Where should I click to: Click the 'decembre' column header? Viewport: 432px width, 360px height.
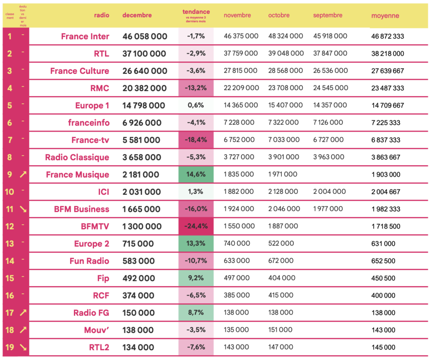[137, 15]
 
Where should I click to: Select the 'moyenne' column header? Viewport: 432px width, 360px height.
[385, 16]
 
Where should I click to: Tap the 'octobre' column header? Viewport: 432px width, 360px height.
[279, 15]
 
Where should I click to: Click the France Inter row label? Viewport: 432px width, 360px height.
[85, 37]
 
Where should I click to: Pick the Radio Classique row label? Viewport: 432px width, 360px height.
[77, 158]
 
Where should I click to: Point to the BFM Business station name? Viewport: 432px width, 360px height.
[81, 210]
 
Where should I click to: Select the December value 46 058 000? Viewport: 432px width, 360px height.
[145, 37]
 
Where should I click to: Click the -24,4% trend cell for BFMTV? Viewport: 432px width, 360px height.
[196, 226]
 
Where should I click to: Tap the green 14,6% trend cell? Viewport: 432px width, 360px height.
[196, 175]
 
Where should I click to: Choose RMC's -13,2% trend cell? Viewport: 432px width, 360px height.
[196, 88]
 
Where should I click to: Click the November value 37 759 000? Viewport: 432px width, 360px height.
[241, 54]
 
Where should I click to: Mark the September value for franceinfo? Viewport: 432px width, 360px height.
[328, 122]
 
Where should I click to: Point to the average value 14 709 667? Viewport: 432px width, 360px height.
[387, 106]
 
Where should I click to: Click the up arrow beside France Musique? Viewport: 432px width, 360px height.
[23, 175]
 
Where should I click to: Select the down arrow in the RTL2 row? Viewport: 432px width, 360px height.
[23, 347]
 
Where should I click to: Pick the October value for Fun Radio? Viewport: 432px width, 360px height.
[281, 261]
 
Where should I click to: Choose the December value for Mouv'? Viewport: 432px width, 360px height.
[138, 330]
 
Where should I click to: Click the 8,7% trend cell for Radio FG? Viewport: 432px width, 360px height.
[196, 313]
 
